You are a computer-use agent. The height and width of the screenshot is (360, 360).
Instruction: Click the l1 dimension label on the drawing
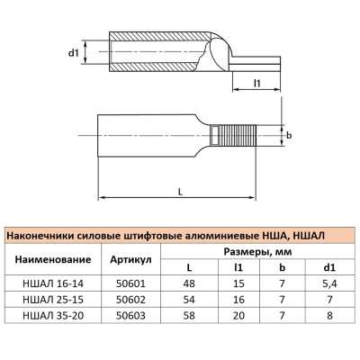click(x=256, y=84)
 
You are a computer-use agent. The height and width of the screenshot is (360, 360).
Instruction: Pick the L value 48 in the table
click(x=189, y=283)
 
